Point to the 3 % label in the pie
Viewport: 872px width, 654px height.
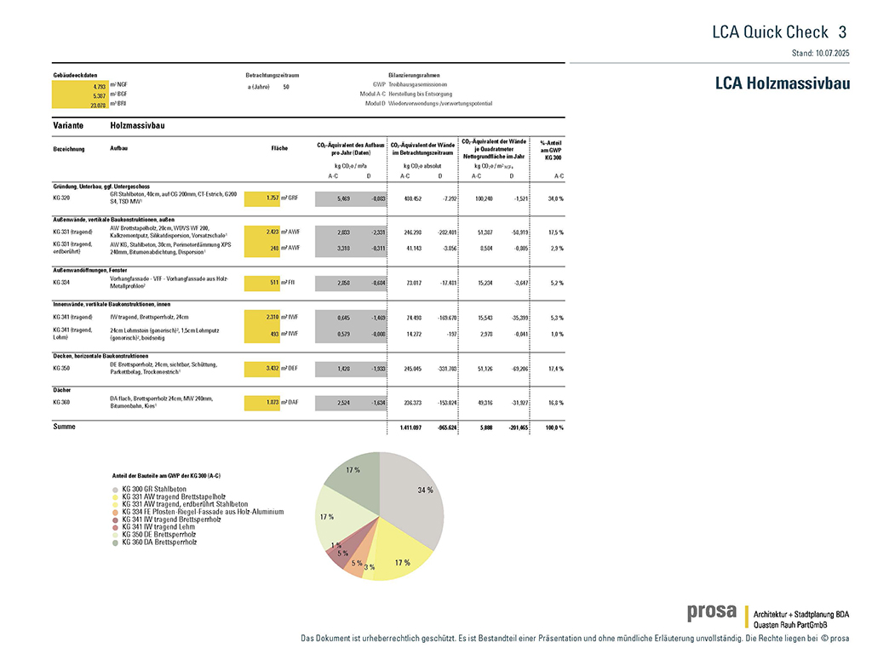point(369,567)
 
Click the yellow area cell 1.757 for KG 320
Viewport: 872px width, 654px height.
point(262,198)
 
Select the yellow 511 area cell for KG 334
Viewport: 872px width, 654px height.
point(262,282)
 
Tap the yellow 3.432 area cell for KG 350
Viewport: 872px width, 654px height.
point(262,368)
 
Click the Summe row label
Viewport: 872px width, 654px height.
point(64,426)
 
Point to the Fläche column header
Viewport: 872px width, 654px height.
point(279,148)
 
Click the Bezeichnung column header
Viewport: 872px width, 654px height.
point(69,148)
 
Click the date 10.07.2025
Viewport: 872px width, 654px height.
point(831,53)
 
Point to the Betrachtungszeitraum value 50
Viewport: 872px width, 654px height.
point(285,87)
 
